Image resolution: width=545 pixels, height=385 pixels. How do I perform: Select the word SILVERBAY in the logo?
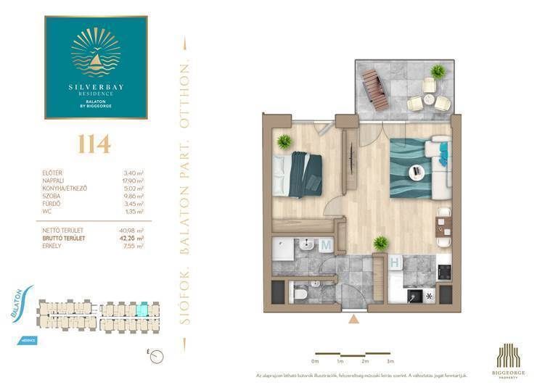coord(96,87)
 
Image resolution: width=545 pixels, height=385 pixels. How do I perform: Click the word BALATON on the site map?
coord(17,299)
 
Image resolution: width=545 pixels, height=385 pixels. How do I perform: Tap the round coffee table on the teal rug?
coord(417,172)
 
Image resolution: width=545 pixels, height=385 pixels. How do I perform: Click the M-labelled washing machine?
coord(326,246)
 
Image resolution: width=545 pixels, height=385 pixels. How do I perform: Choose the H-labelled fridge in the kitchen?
coord(395,263)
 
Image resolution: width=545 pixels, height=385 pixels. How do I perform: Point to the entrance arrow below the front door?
coord(353,318)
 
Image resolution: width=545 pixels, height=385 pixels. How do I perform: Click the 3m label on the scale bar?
coord(390,361)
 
